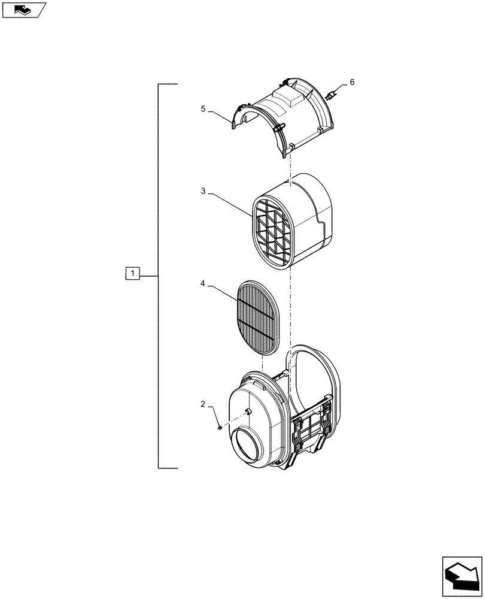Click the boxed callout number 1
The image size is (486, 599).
coord(132,274)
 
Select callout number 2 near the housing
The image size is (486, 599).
coord(203,406)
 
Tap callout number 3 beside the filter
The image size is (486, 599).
coord(203,190)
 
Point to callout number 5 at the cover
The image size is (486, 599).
coord(203,109)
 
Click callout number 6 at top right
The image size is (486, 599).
coord(352,82)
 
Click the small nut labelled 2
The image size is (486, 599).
coord(221,427)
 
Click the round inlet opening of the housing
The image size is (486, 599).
coord(251,448)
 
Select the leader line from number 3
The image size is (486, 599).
coord(230,204)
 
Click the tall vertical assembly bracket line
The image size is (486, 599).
coord(159,276)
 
